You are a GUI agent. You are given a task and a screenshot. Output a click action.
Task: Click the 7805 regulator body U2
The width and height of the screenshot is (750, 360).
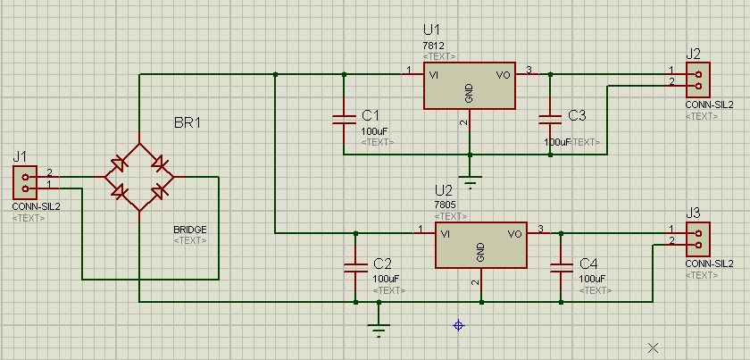pyautogui.click(x=481, y=245)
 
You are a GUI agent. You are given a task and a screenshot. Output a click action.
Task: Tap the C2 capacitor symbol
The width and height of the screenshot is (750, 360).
pyautogui.click(x=355, y=267)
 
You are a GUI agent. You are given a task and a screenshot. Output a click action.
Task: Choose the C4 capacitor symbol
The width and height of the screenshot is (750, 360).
pyautogui.click(x=561, y=267)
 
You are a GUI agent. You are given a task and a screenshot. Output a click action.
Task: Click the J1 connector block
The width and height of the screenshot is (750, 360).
pyautogui.click(x=24, y=181)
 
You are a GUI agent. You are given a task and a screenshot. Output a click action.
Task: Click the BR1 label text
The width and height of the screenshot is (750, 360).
pyautogui.click(x=187, y=122)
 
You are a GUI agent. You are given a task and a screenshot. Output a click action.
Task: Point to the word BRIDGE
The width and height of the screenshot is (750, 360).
pyautogui.click(x=189, y=230)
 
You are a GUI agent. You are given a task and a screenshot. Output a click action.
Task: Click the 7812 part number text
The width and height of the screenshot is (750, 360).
pyautogui.click(x=434, y=45)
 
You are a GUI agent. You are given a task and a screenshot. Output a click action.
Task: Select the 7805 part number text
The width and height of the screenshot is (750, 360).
pyautogui.click(x=445, y=204)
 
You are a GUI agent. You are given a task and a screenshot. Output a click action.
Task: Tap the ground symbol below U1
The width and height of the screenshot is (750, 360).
pyautogui.click(x=470, y=180)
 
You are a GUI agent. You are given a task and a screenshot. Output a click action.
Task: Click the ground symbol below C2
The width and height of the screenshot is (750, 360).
pyautogui.click(x=379, y=331)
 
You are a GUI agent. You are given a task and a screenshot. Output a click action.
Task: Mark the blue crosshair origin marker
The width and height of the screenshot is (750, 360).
pyautogui.click(x=459, y=326)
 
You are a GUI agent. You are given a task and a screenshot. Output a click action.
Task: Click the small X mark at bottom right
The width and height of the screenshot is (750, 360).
pyautogui.click(x=653, y=347)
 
